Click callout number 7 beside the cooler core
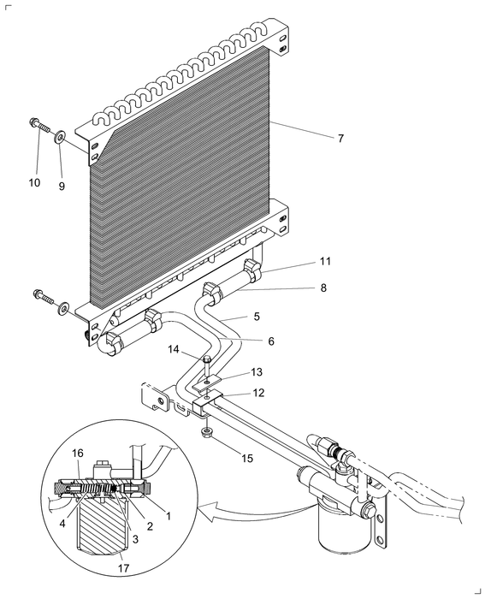pyautogui.click(x=340, y=138)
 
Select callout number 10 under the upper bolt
pyautogui.click(x=34, y=183)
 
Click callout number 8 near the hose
pyautogui.click(x=323, y=288)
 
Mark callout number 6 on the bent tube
pyautogui.click(x=270, y=341)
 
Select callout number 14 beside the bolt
pyautogui.click(x=173, y=350)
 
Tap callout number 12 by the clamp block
pyautogui.click(x=256, y=393)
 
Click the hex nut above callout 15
pyautogui.click(x=208, y=433)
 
